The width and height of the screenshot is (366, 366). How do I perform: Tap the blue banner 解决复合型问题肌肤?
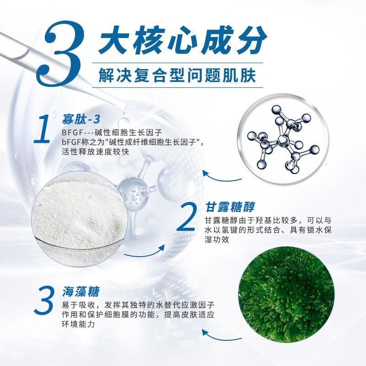click(x=177, y=75)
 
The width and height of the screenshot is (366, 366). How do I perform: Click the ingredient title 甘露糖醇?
click(x=223, y=207)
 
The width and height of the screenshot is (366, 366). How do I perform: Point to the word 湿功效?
click(x=216, y=240)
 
